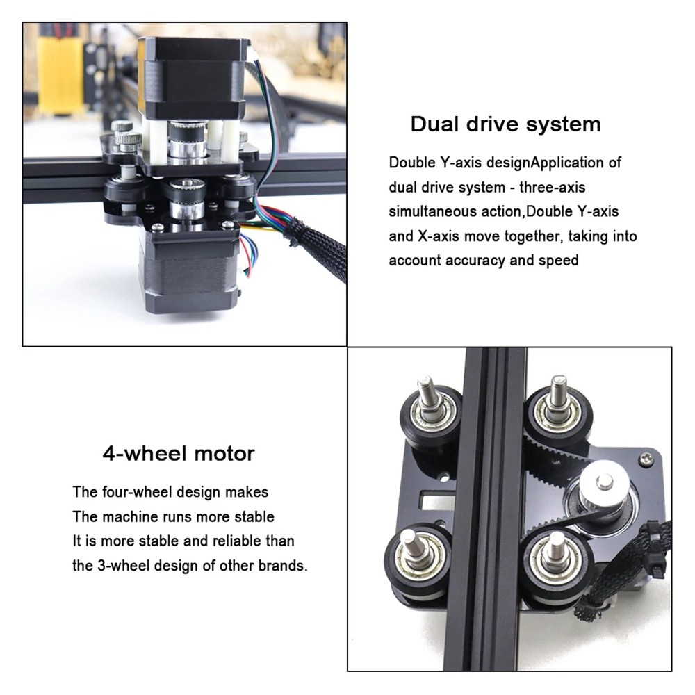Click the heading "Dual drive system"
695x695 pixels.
tap(506, 124)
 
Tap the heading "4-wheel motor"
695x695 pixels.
tap(179, 453)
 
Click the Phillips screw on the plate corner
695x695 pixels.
tap(646, 459)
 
